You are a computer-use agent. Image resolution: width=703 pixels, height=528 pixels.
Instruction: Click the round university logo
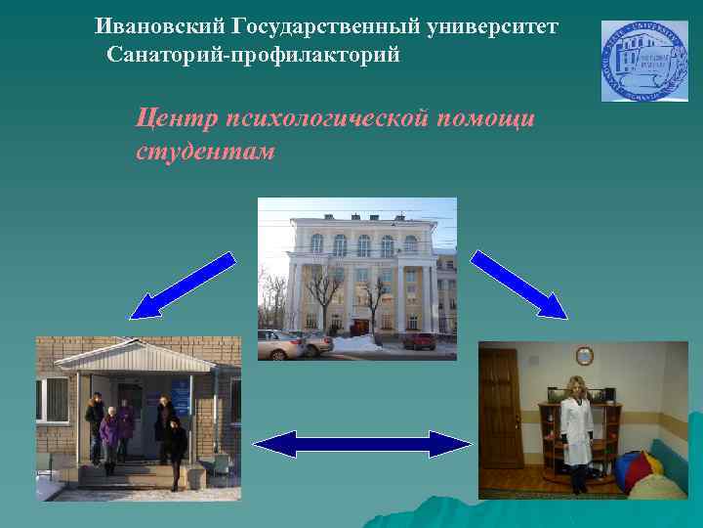point(643,62)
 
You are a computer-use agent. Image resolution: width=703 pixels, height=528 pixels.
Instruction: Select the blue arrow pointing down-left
point(183,286)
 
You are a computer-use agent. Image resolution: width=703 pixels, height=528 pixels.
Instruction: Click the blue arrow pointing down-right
point(519,285)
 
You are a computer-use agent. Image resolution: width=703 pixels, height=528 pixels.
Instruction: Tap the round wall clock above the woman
point(584,356)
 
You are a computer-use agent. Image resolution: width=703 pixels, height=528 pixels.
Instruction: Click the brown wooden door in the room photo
point(500,411)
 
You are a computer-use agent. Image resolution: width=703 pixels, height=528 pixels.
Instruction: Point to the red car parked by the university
point(420,341)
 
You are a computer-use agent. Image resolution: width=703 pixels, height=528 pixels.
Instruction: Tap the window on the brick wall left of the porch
point(51,399)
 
